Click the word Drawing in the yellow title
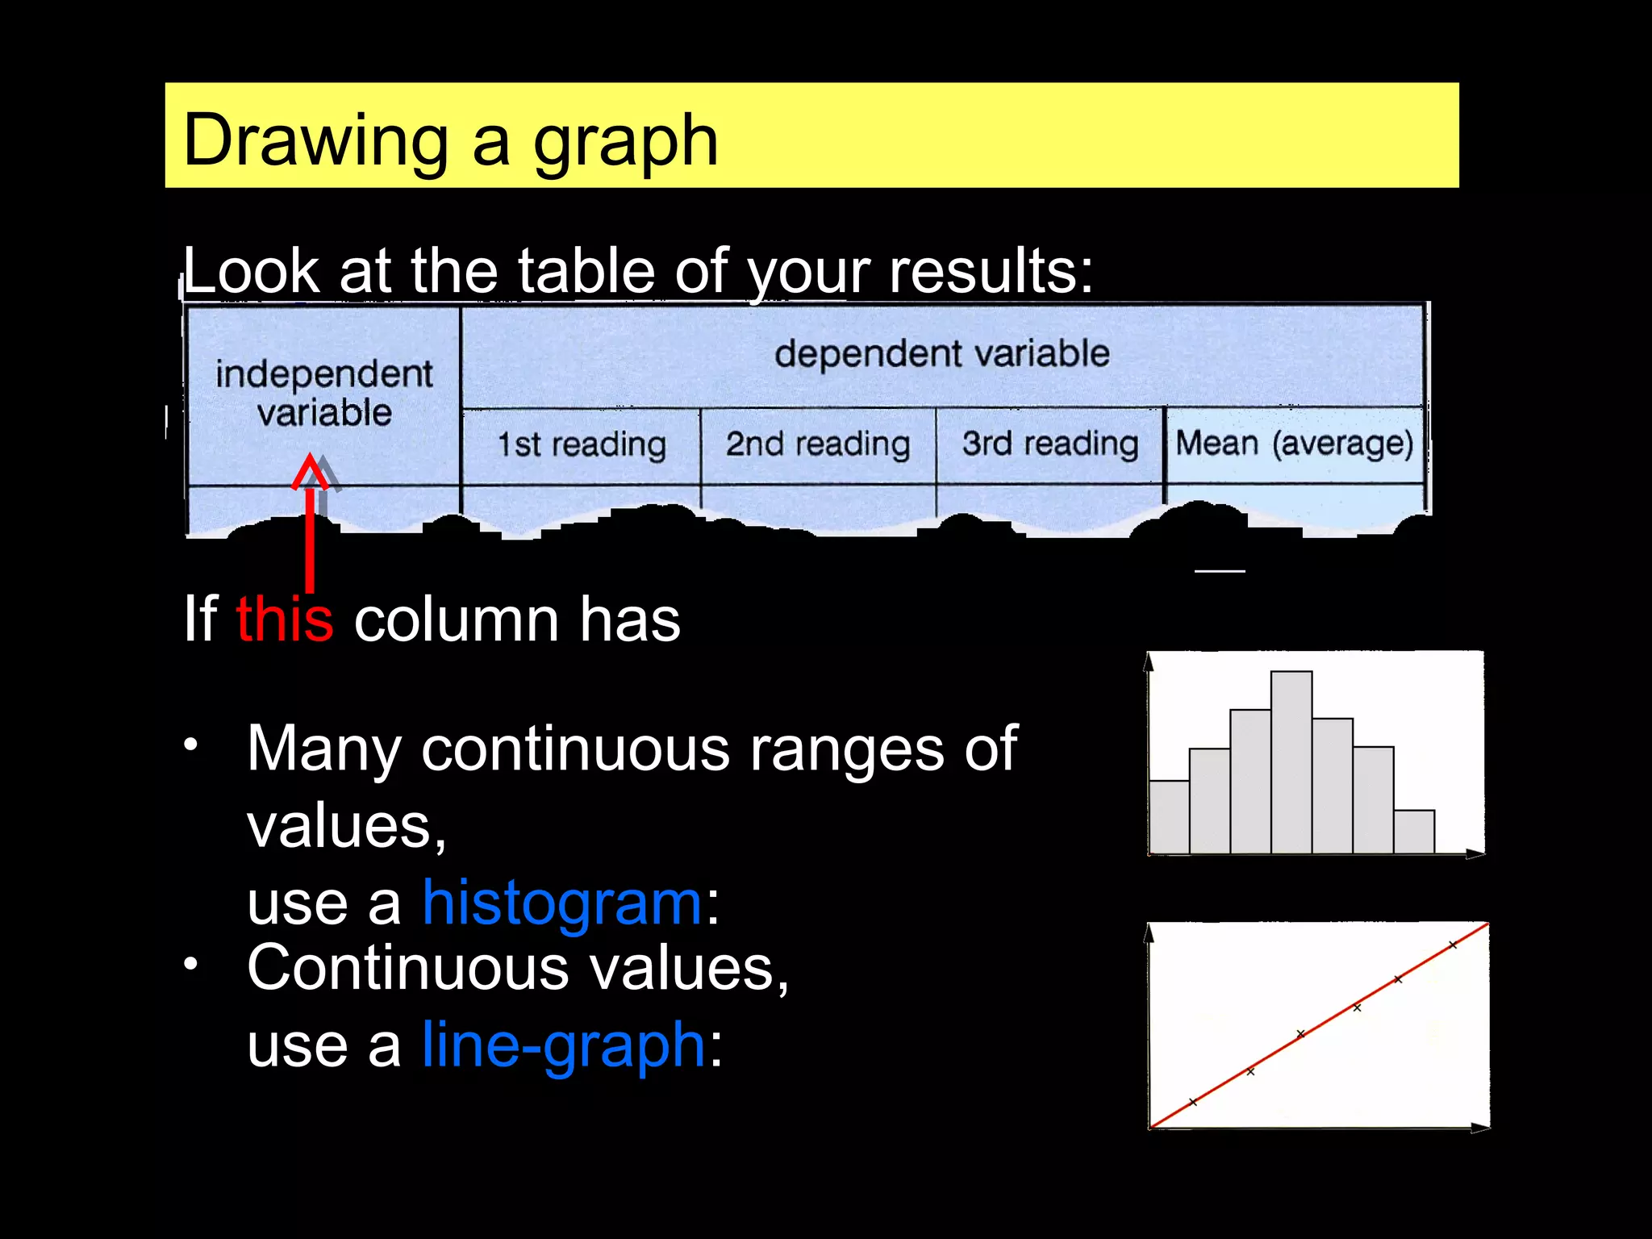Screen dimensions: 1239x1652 [315, 141]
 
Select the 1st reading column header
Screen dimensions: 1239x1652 [582, 444]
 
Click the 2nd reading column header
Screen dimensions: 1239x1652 [818, 444]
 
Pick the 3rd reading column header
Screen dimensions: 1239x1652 [1050, 444]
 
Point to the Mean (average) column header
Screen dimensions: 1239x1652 [1294, 444]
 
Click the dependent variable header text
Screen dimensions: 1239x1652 [941, 353]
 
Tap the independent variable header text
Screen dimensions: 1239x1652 [323, 393]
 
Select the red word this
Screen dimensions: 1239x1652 [284, 619]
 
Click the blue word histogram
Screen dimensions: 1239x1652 [562, 903]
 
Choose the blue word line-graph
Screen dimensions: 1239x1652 [564, 1045]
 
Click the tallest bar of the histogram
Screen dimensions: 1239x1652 [1291, 762]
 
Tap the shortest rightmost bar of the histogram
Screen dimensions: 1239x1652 [1413, 832]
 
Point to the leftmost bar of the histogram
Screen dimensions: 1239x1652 [1169, 816]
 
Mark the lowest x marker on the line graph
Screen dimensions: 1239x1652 [1193, 1102]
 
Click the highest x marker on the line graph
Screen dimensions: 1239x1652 [1453, 945]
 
